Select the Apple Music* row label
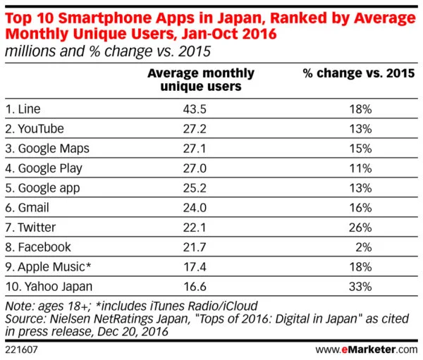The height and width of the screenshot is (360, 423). (x=49, y=267)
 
